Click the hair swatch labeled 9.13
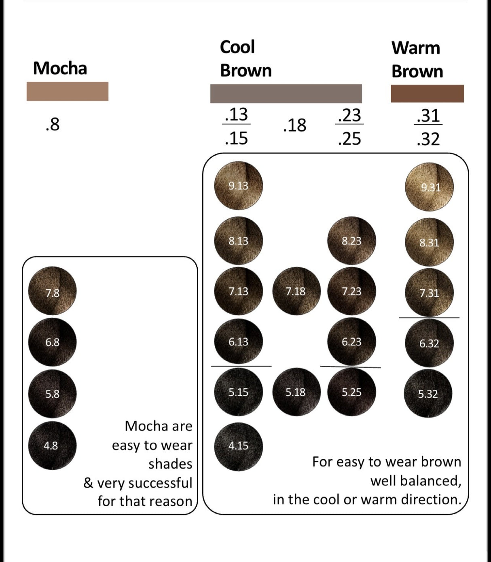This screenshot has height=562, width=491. coord(238,186)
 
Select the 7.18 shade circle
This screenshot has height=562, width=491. coord(296,291)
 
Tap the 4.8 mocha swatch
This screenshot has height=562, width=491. coord(52,445)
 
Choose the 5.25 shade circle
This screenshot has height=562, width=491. coord(351,392)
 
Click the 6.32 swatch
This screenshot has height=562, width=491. coord(429,344)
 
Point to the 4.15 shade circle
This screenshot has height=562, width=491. coord(238,446)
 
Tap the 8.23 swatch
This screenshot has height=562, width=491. coord(351,241)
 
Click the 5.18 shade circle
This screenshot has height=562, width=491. coord(296,392)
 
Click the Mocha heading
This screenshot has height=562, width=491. coord(60,68)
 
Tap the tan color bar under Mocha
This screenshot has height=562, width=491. coord(68,91)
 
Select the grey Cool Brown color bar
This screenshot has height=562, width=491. coord(286,93)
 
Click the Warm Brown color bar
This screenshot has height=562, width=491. coord(427,93)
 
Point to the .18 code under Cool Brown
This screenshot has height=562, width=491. coord(295,125)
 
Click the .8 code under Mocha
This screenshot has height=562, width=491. coord(53,125)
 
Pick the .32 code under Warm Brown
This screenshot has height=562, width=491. coord(428,139)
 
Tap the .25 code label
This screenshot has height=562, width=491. coord(349,139)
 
